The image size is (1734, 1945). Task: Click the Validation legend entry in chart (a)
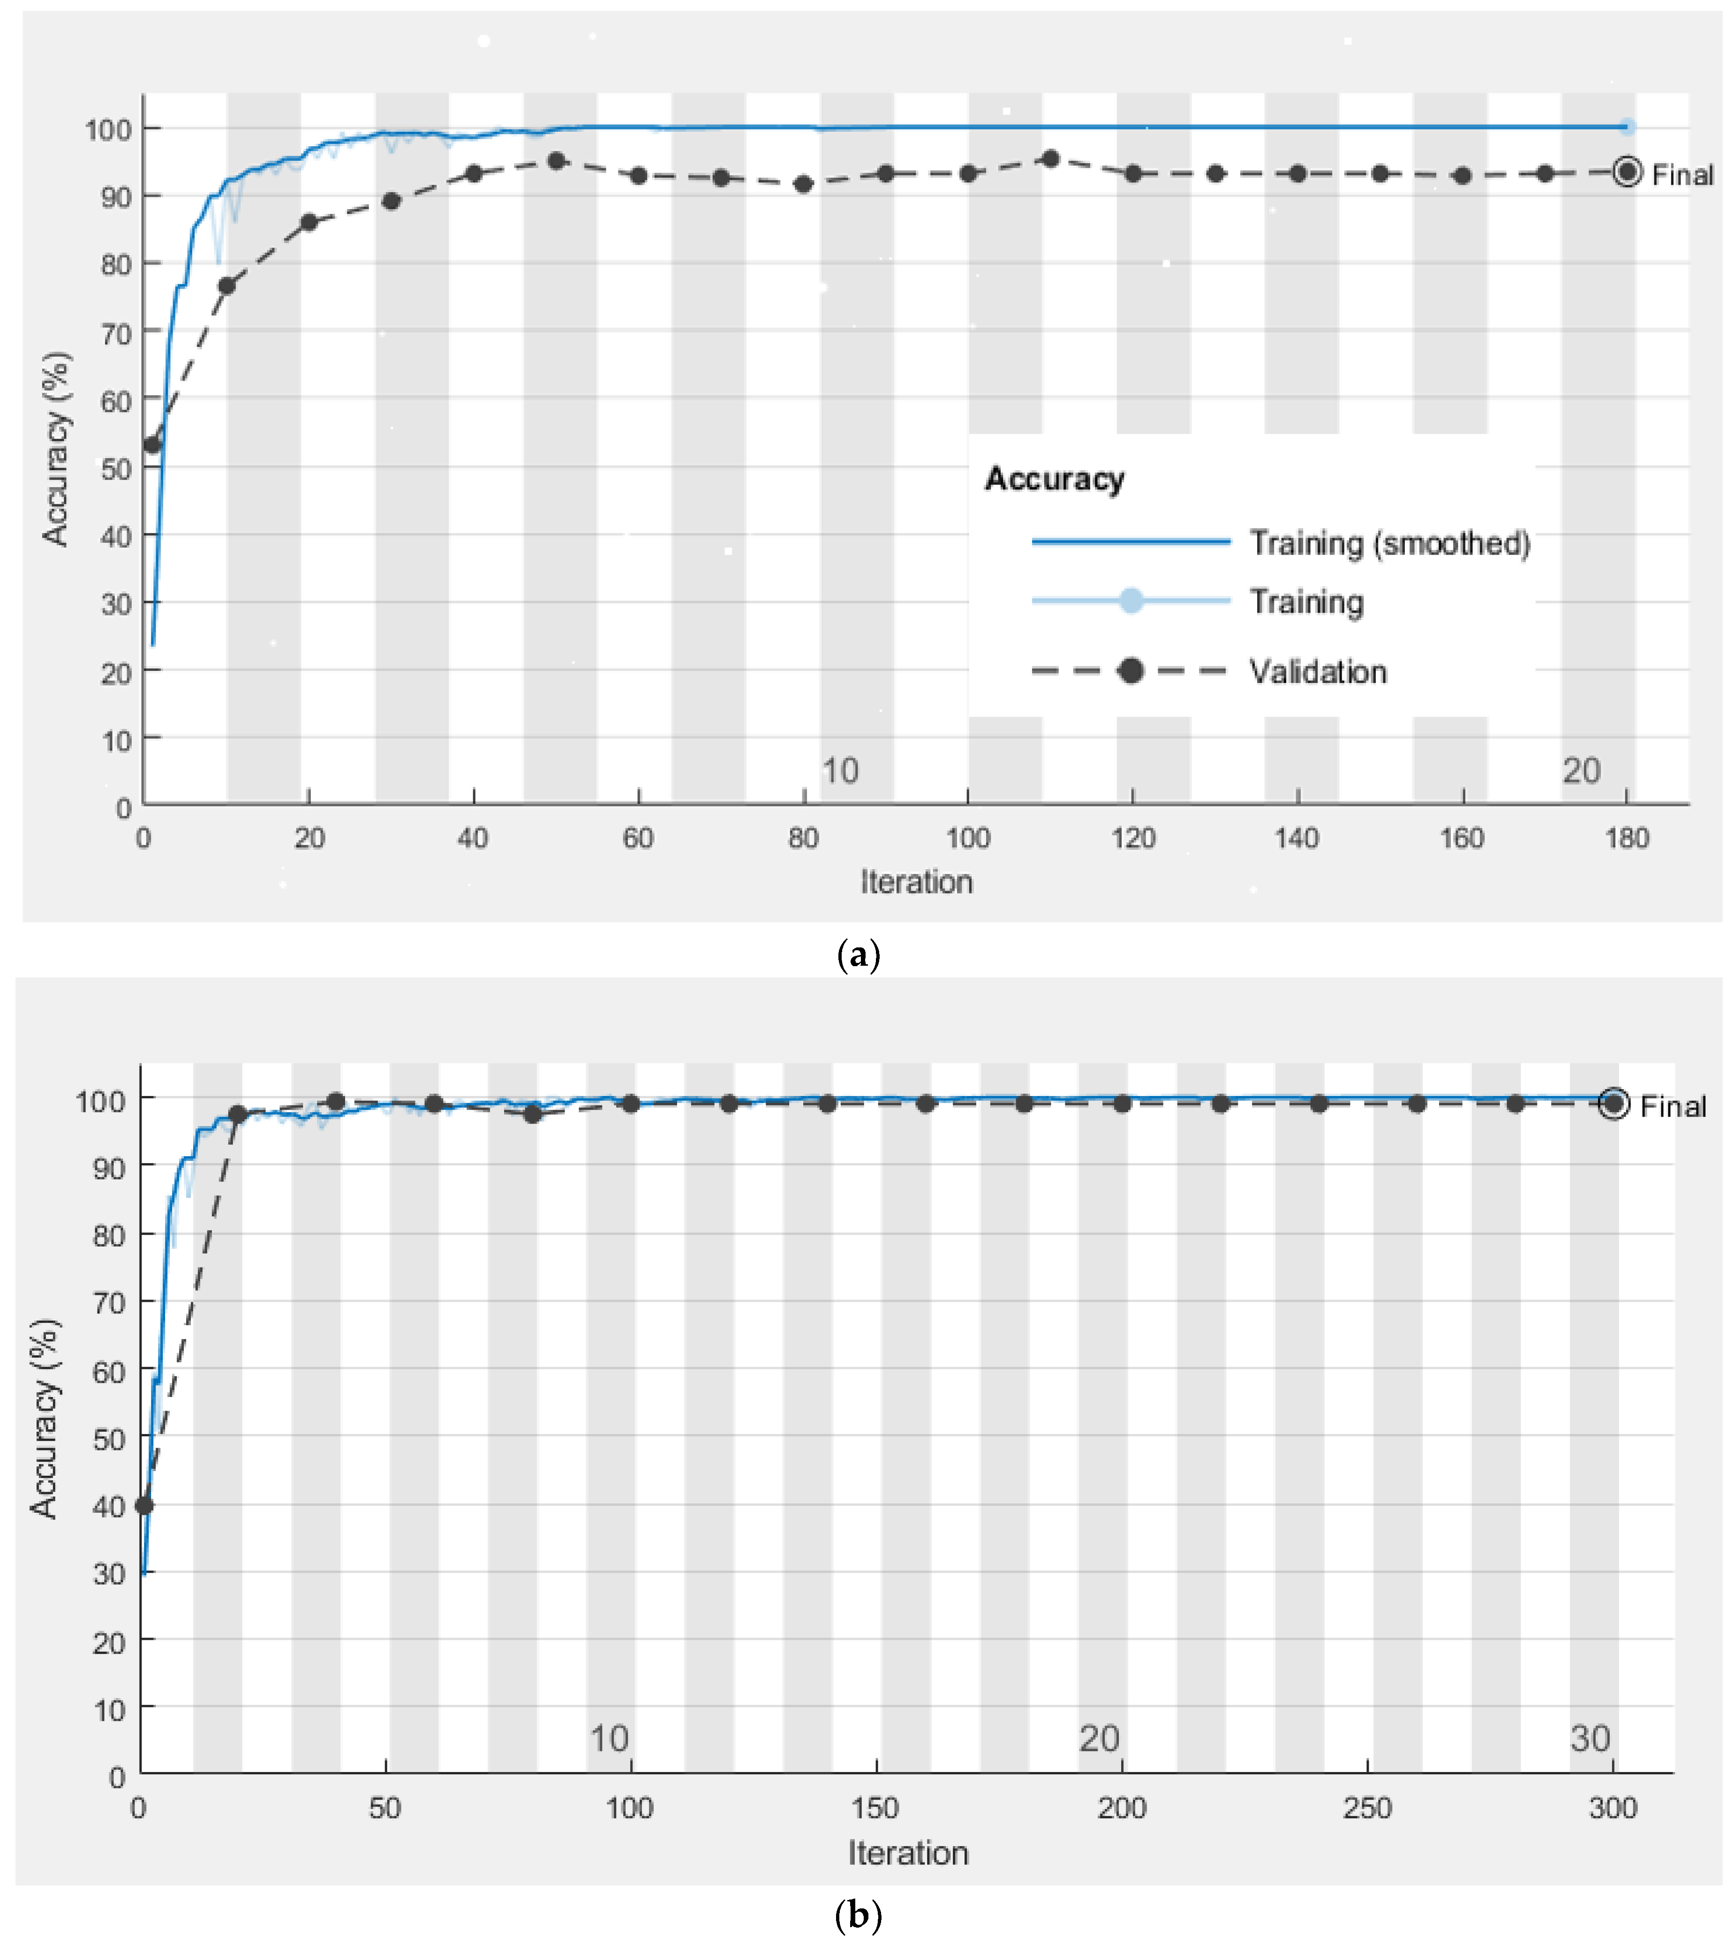click(1318, 672)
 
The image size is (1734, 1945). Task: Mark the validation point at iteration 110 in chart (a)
click(1051, 159)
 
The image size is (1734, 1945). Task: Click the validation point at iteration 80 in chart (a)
click(803, 184)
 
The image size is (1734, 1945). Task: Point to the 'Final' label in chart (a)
click(1682, 175)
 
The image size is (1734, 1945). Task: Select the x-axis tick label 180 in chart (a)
click(1626, 838)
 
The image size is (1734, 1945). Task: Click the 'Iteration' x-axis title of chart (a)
click(917, 882)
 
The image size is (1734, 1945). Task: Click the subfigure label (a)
click(858, 954)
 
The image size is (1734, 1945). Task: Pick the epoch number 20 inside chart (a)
click(1582, 771)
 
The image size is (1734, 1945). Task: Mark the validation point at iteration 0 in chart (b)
click(144, 1506)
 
